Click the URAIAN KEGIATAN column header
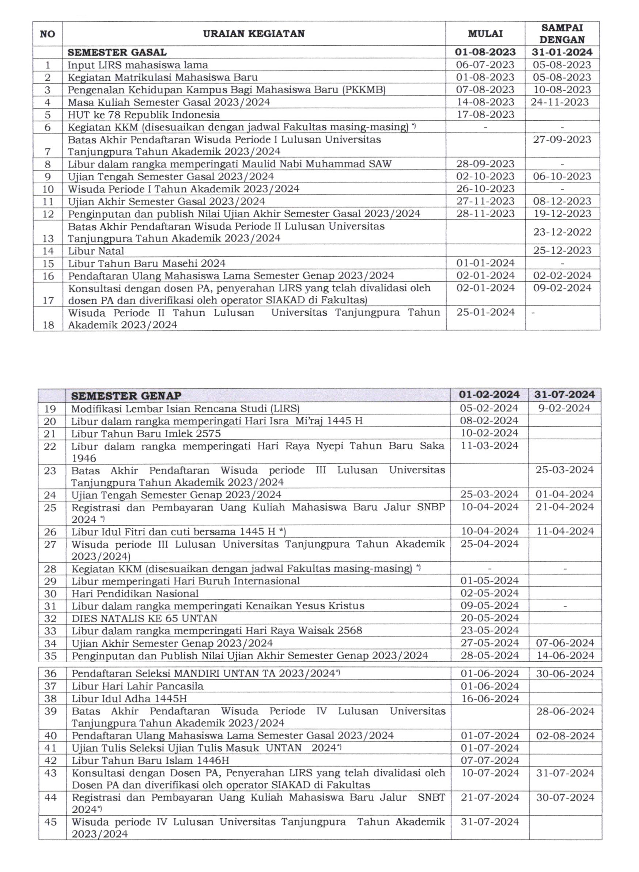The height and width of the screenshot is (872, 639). coord(254,34)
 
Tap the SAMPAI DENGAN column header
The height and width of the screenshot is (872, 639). coord(562,34)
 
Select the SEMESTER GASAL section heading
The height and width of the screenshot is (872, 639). coord(117,52)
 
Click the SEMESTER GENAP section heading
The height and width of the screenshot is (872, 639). coord(126,396)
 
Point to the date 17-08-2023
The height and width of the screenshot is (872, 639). coord(485,114)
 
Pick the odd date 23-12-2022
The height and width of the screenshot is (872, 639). coord(562,232)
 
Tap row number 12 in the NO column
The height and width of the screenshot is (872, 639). coord(48,214)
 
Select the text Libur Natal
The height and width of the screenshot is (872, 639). coord(96,251)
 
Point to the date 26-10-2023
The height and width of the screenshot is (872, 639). coord(485,189)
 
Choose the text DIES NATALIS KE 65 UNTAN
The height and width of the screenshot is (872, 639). coord(144,618)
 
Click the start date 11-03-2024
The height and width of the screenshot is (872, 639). coord(489,446)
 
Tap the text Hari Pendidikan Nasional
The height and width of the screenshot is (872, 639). coord(135,593)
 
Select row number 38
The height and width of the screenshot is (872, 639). coord(50,699)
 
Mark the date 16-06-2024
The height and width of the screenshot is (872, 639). coord(489,699)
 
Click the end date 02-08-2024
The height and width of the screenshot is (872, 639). coord(565,736)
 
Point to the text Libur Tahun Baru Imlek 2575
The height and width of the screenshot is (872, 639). coord(146,433)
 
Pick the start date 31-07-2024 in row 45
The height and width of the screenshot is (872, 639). coord(489,822)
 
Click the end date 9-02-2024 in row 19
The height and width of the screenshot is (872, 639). coord(564,408)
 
